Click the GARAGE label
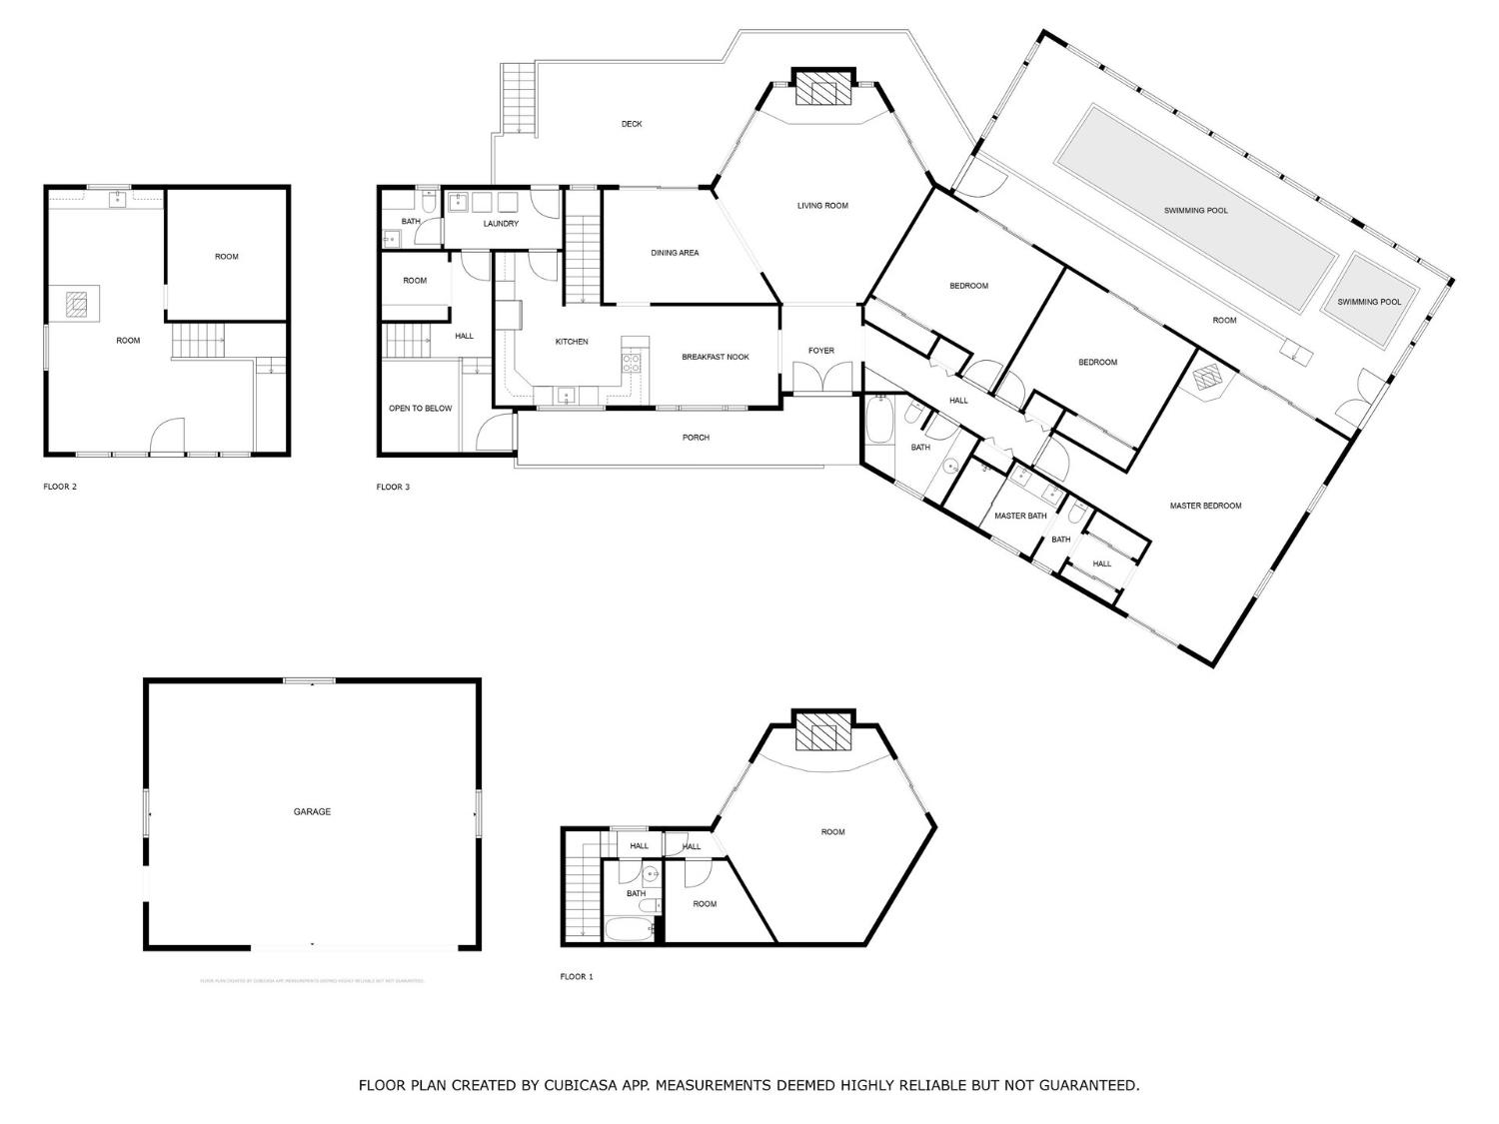pyautogui.click(x=312, y=812)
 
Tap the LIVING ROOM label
pyautogui.click(x=822, y=206)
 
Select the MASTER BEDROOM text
pyautogui.click(x=1205, y=506)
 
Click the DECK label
pyautogui.click(x=632, y=124)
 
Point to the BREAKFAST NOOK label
pyautogui.click(x=715, y=357)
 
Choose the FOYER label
pyautogui.click(x=820, y=351)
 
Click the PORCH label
pyautogui.click(x=696, y=438)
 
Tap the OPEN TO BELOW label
pyautogui.click(x=420, y=409)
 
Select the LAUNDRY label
pyautogui.click(x=501, y=224)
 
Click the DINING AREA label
pyautogui.click(x=675, y=253)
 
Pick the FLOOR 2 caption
pyautogui.click(x=60, y=488)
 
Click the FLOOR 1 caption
pyautogui.click(x=577, y=977)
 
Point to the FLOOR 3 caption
pyautogui.click(x=393, y=488)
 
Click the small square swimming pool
pyautogui.click(x=1369, y=300)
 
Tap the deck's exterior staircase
pyautogui.click(x=518, y=98)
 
